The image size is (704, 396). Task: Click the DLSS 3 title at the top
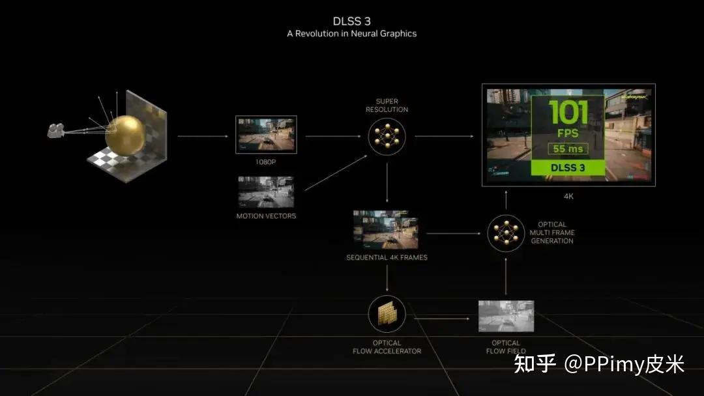click(x=352, y=21)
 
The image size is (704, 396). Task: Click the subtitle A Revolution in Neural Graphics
click(x=351, y=34)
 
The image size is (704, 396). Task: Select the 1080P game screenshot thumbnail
click(x=266, y=135)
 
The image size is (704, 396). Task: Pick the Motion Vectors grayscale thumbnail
click(x=266, y=192)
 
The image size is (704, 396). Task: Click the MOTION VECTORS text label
click(x=266, y=216)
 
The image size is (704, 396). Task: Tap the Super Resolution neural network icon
click(x=387, y=137)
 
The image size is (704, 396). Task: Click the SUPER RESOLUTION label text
click(x=387, y=106)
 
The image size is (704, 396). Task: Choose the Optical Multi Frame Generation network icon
click(x=506, y=233)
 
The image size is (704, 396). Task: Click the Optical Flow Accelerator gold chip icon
click(x=387, y=314)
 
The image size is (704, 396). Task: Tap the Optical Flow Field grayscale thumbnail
click(x=506, y=316)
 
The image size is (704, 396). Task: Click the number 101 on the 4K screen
click(x=568, y=113)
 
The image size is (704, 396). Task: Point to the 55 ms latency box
click(x=568, y=148)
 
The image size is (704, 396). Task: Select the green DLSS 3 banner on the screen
click(x=568, y=167)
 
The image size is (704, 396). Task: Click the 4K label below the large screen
click(x=568, y=195)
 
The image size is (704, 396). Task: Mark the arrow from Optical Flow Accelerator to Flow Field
click(x=442, y=318)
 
